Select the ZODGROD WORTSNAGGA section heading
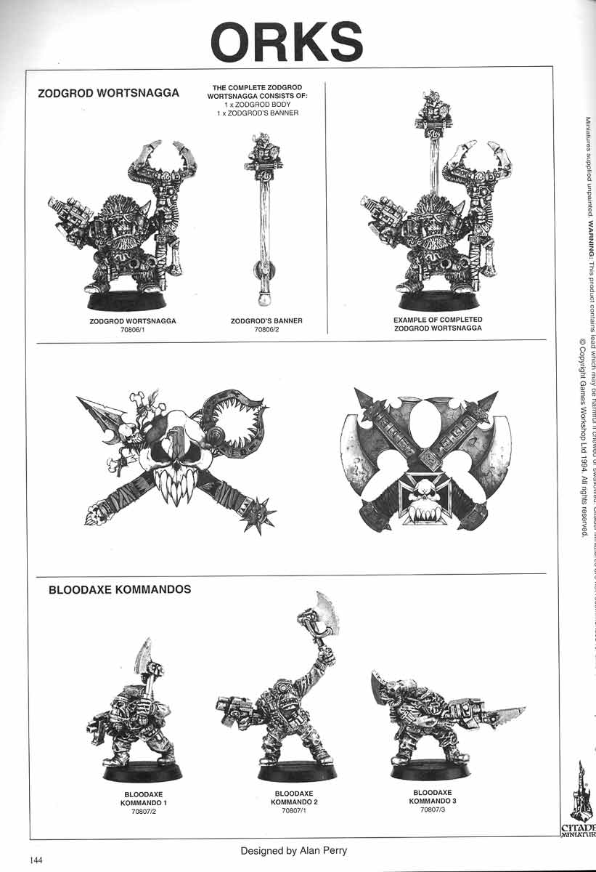(108, 94)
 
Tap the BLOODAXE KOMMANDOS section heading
(120, 589)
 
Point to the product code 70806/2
(266, 329)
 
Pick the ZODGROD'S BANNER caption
(266, 320)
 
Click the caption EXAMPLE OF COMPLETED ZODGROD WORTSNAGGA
(438, 323)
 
